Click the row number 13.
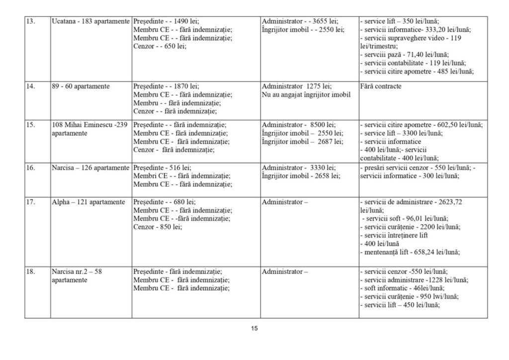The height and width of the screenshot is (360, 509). (30, 22)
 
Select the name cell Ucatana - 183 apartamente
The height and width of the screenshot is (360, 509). (90, 22)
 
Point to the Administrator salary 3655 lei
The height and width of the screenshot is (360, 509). (300, 22)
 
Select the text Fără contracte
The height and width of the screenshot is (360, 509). (381, 87)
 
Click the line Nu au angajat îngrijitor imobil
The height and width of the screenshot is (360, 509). (306, 95)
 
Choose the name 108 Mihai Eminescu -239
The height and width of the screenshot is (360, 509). (89, 125)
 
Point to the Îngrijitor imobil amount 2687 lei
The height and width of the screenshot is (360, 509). (303, 142)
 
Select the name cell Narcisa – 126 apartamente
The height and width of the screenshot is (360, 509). (90, 168)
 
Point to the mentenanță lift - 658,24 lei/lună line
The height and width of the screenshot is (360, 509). (410, 253)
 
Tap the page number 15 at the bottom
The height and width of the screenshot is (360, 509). (254, 328)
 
